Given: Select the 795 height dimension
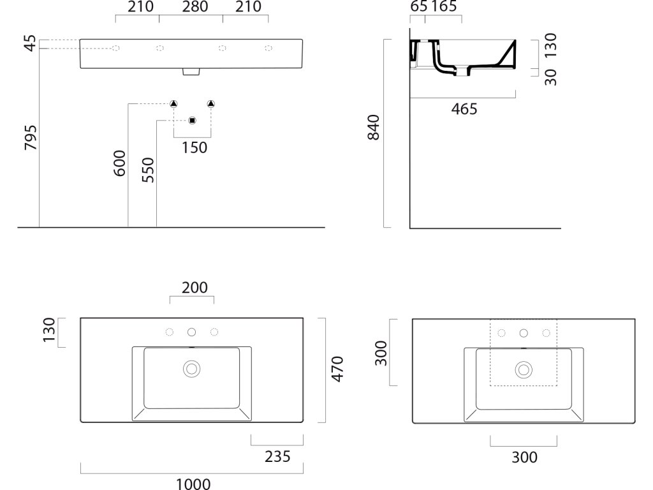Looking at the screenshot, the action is point(30,138).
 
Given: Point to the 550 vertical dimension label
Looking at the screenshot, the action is point(148,170).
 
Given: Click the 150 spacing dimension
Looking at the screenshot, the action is point(194,147).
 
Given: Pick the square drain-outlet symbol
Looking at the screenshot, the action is point(193,121).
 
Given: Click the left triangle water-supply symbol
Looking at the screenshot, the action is point(173,104).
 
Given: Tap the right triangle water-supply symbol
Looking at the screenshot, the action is point(211,104).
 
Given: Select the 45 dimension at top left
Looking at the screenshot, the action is point(30,44).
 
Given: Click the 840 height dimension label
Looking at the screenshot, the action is point(374,127).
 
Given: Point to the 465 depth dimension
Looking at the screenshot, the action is point(464,109).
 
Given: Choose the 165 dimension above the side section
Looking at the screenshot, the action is point(444,7).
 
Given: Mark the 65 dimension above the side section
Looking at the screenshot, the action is point(418,7).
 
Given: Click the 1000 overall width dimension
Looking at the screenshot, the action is point(193,483).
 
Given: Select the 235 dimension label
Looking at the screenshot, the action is point(277,456).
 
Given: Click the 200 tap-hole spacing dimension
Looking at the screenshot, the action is point(194,288).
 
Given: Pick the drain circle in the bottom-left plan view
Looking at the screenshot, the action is point(191,368).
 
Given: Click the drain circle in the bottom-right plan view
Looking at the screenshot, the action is point(524,368).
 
